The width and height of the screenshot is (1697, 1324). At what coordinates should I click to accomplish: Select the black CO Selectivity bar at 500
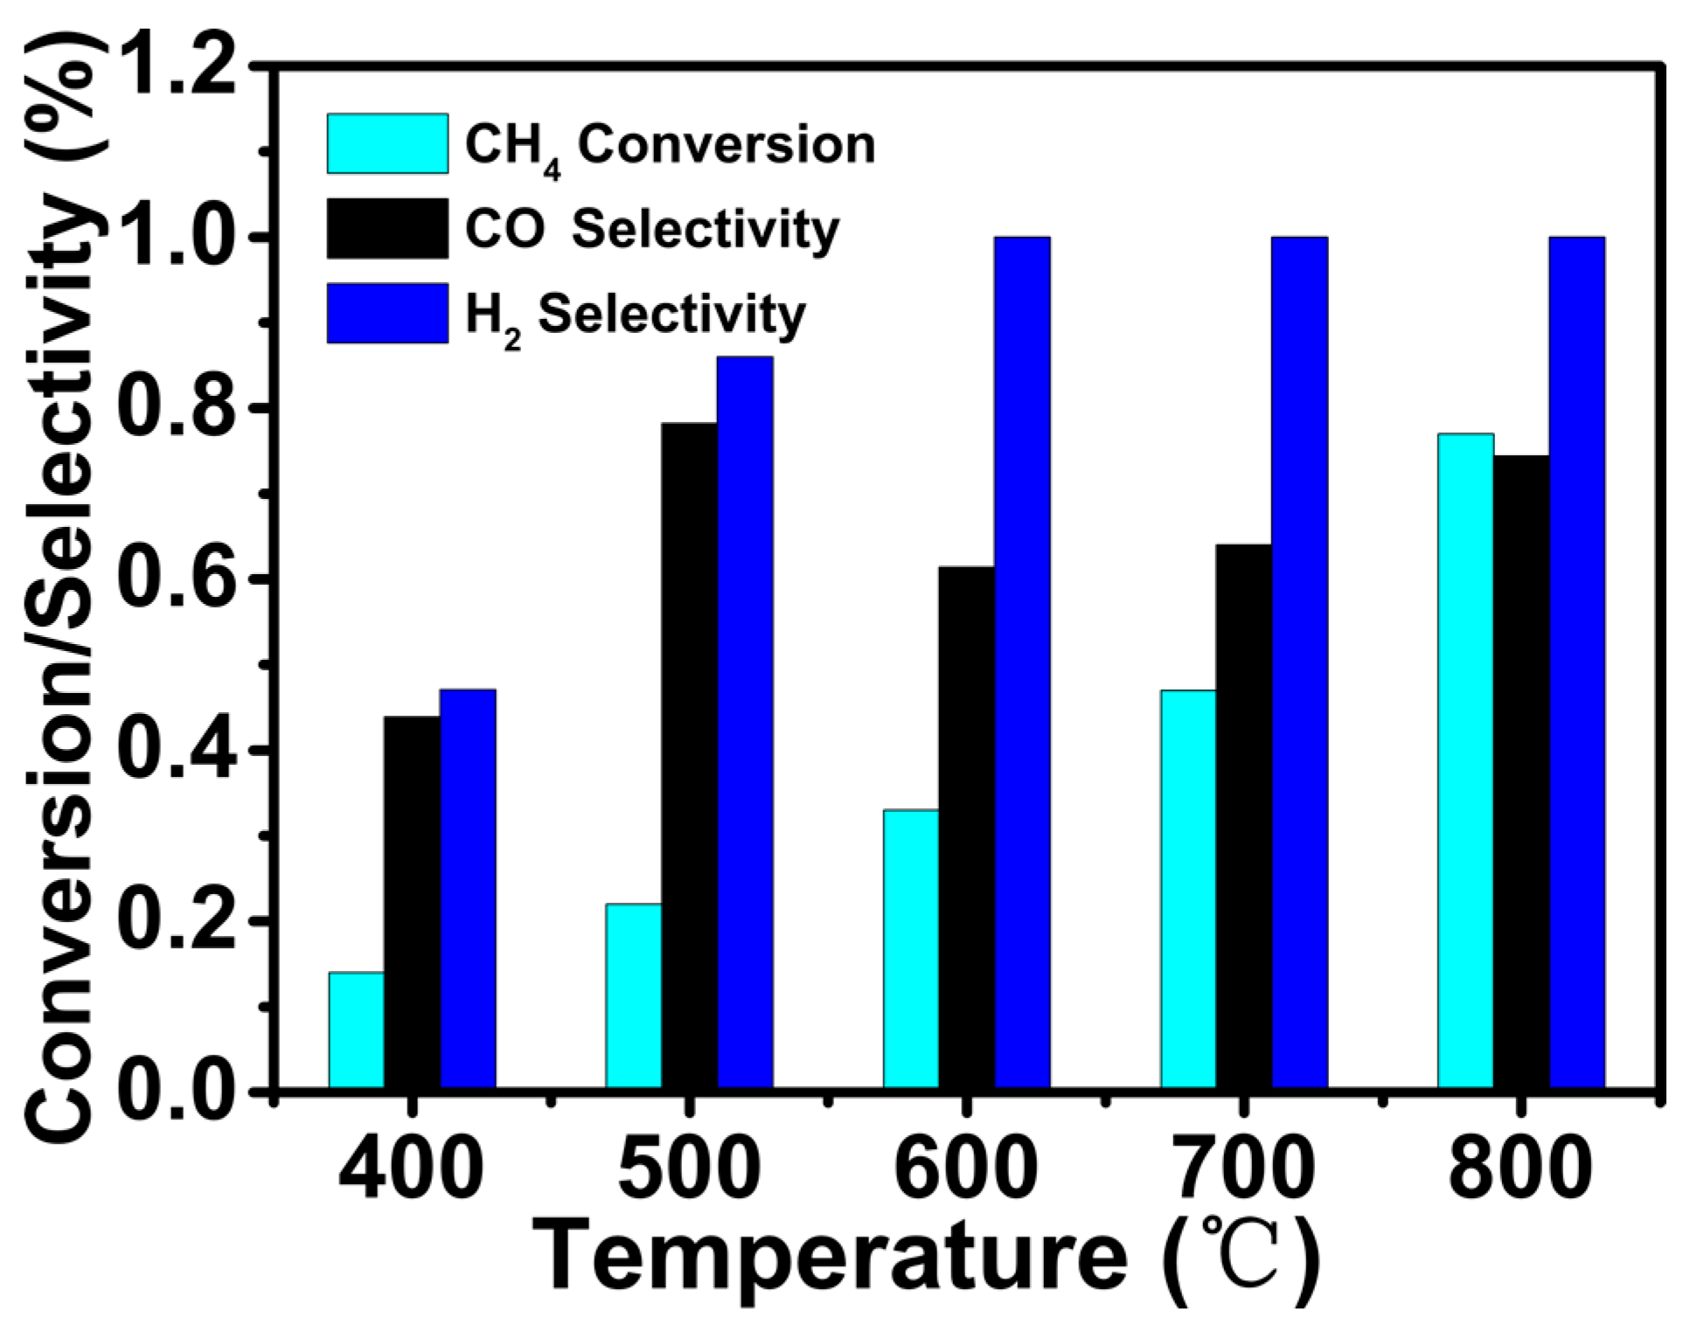pos(689,755)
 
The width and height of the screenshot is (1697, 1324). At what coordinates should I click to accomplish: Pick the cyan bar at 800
pos(1465,759)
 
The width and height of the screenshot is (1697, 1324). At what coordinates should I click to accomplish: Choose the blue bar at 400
pos(468,888)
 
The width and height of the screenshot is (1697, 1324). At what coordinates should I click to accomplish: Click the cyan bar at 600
pos(911,948)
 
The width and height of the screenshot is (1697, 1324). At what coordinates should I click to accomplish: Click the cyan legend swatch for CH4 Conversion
pos(387,143)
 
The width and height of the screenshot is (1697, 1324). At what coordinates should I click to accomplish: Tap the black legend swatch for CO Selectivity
pos(387,228)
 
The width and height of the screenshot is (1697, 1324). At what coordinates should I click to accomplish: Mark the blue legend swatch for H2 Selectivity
pos(387,313)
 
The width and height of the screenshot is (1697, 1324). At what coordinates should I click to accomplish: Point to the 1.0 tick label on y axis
pos(179,238)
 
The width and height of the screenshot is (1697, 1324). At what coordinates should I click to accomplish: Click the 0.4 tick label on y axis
pos(179,750)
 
